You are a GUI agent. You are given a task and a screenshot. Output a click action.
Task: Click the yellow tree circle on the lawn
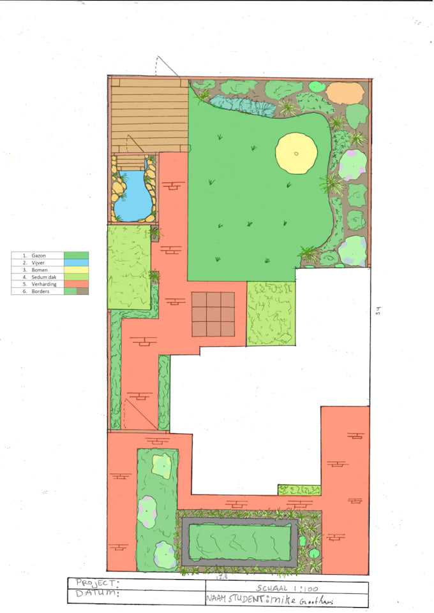pyautogui.click(x=296, y=153)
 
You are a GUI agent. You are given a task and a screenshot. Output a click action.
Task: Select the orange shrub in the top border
pyautogui.click(x=345, y=93)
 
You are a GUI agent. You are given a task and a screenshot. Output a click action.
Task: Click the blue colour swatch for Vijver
pyautogui.click(x=76, y=263)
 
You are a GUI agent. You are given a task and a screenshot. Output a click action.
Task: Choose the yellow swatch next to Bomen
pyautogui.click(x=76, y=270)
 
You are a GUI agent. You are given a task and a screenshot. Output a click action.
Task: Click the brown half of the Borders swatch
pyautogui.click(x=82, y=291)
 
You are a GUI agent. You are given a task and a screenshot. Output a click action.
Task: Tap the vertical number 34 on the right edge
pyautogui.click(x=378, y=311)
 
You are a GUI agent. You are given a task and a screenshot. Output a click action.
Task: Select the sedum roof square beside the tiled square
pyautogui.click(x=271, y=314)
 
